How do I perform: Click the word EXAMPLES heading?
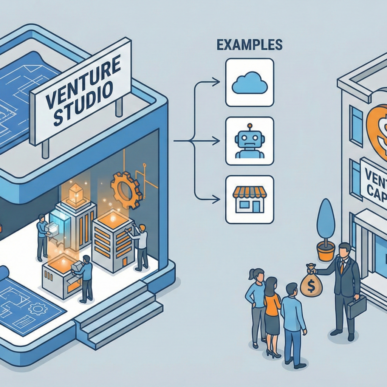click(249, 45)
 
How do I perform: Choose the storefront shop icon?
click(249, 200)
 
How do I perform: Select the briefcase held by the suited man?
click(357, 307)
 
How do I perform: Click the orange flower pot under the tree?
click(326, 251)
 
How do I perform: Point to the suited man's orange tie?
click(342, 267)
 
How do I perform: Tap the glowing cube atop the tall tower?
click(76, 194)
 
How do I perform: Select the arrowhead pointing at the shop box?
click(217, 198)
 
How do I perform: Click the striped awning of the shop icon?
click(249, 193)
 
